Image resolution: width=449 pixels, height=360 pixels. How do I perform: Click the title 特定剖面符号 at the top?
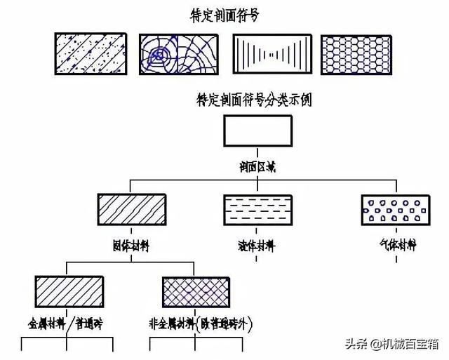pyautogui.click(x=224, y=15)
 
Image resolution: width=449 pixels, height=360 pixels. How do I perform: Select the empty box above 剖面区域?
pyautogui.click(x=257, y=131)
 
